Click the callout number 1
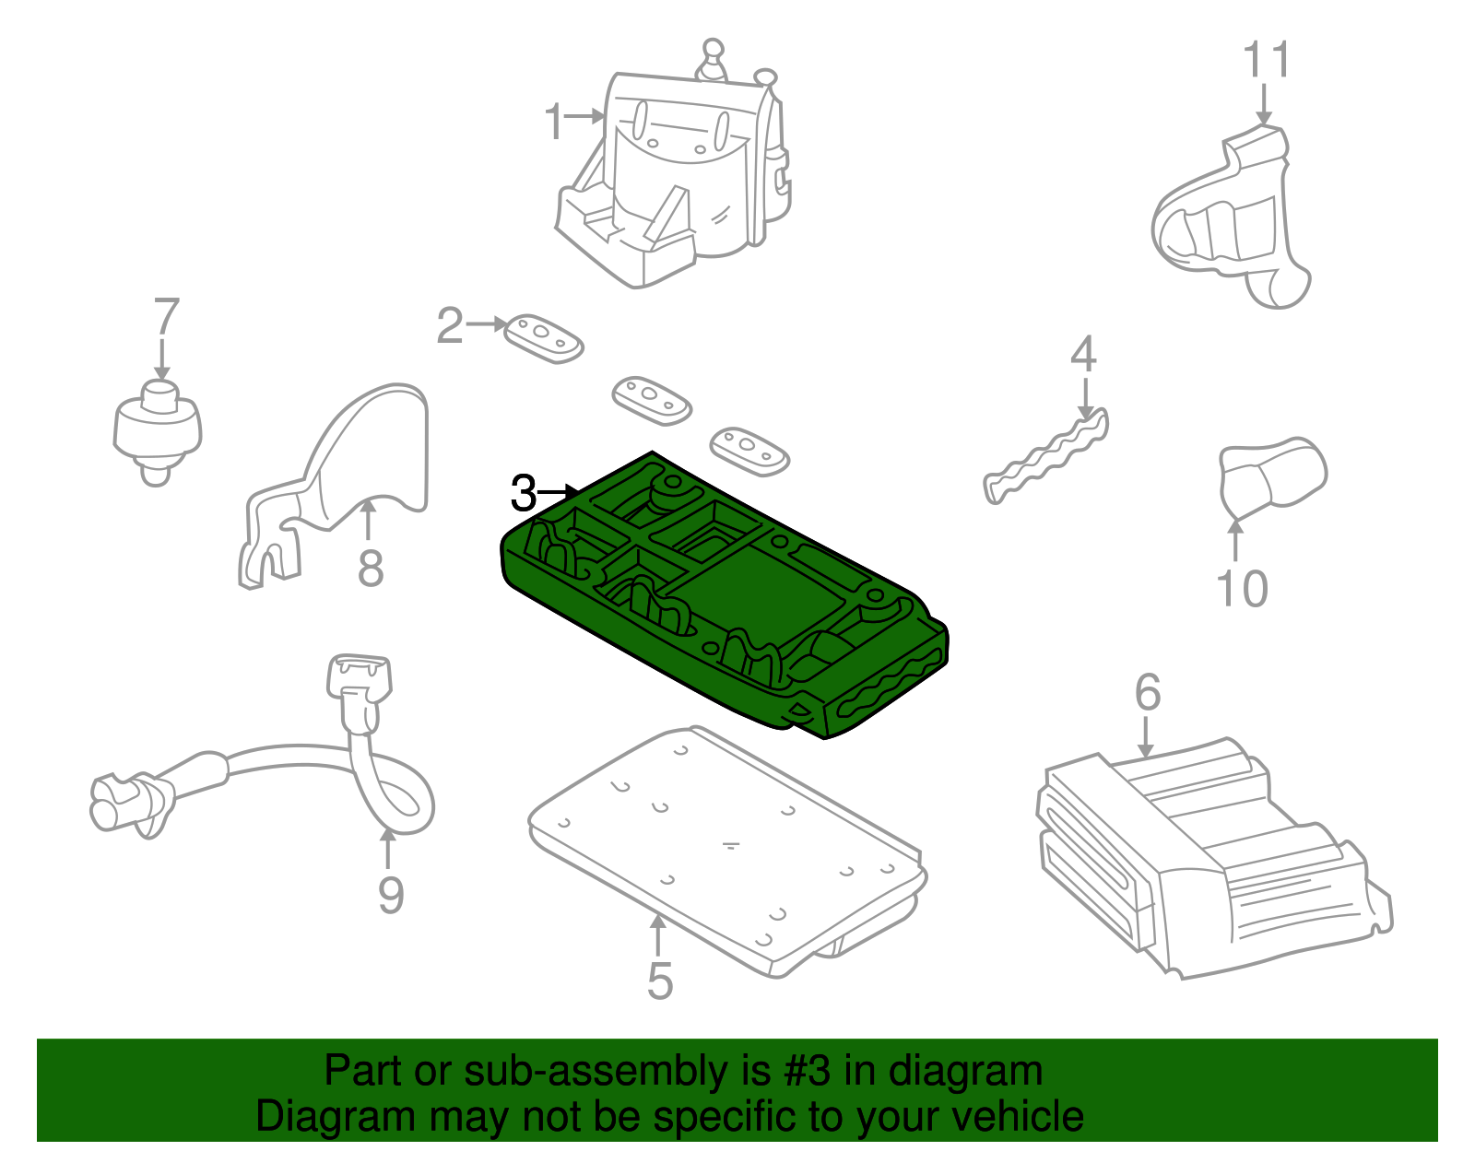(553, 123)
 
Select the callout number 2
(449, 326)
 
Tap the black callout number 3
(523, 495)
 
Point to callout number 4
(1083, 355)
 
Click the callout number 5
(660, 981)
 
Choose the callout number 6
(1147, 692)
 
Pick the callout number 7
(165, 317)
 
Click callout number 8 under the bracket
(371, 568)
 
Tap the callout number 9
(391, 895)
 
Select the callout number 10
(1242, 589)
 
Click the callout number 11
(1267, 61)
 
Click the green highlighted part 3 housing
(765, 590)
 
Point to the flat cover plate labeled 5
(728, 848)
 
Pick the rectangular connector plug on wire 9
(359, 677)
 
